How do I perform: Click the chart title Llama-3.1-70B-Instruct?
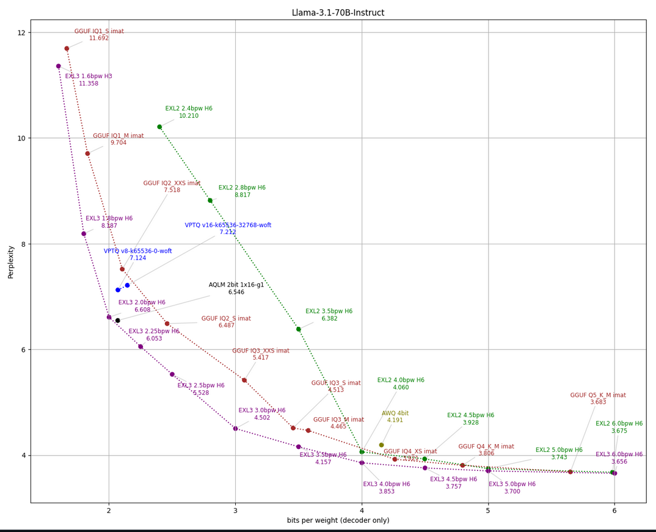(338, 13)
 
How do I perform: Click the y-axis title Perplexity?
(10, 261)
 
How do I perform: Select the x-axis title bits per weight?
(338, 520)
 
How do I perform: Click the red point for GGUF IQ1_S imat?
(67, 48)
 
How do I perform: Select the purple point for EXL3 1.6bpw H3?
(59, 66)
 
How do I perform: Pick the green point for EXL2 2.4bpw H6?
(159, 127)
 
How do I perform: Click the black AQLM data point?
(118, 320)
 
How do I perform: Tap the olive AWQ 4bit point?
(382, 445)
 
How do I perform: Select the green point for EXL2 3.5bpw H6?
(299, 329)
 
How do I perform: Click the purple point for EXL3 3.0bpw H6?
(235, 428)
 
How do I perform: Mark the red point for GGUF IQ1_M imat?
(87, 153)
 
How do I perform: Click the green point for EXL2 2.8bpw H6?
(210, 200)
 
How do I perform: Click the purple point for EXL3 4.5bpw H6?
(425, 468)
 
